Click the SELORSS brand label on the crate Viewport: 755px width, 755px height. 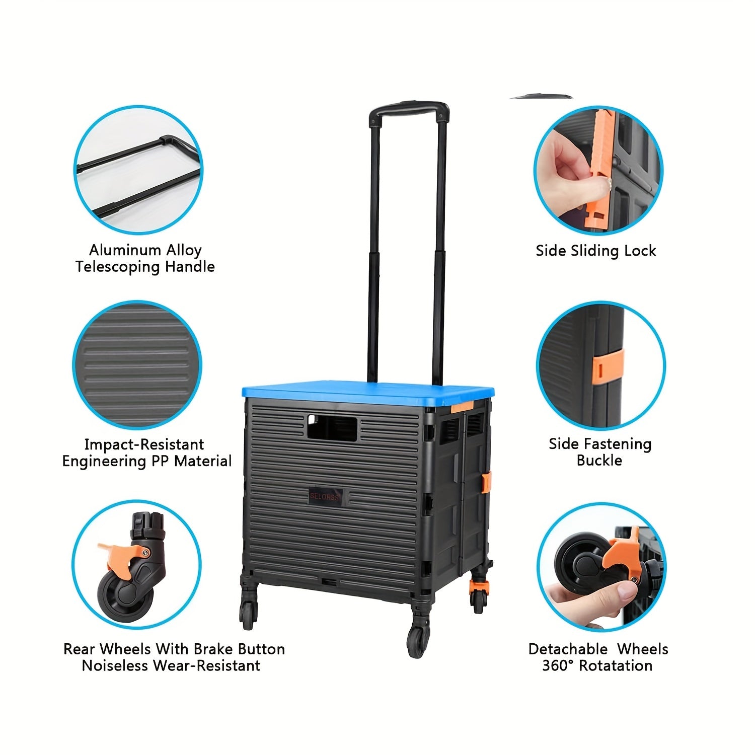click(x=325, y=496)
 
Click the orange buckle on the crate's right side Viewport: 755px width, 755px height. click(x=487, y=482)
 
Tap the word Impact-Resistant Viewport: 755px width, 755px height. click(x=144, y=444)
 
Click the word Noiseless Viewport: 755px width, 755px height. click(x=115, y=665)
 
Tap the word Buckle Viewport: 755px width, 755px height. click(x=599, y=461)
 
